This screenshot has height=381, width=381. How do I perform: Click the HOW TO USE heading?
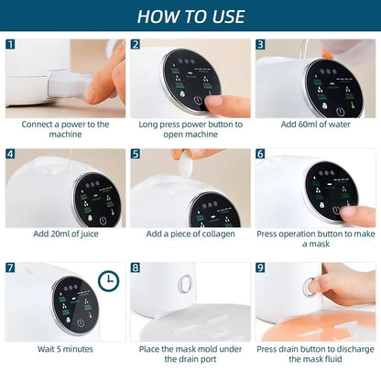(190, 16)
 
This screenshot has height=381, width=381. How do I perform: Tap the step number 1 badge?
(11, 44)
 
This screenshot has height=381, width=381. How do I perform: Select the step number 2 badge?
(136, 44)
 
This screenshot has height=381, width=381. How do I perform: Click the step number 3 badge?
(260, 44)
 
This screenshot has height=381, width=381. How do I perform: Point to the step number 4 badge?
(11, 155)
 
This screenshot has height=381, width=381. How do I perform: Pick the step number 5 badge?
(136, 155)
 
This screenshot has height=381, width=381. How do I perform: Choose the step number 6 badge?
(260, 155)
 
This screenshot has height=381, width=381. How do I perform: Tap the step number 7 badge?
(11, 267)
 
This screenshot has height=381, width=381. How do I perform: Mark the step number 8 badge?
(136, 267)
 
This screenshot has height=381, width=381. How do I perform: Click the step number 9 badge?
(260, 267)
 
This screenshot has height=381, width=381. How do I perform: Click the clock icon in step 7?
(108, 280)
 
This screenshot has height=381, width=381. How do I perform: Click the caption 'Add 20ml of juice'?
(65, 234)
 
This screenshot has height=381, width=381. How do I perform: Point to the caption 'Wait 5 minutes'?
(65, 349)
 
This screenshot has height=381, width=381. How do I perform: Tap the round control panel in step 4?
(93, 197)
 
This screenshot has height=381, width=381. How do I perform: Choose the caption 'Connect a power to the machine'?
(65, 128)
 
